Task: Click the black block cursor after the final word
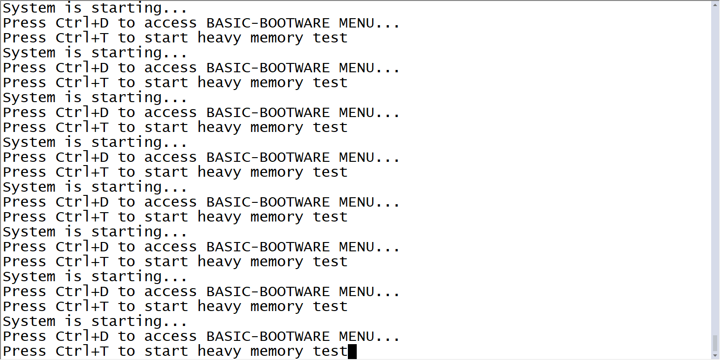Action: tap(352, 351)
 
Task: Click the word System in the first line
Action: tap(29, 8)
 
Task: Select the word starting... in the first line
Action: tap(139, 8)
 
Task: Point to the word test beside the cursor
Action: tap(330, 351)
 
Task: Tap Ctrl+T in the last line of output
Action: tap(82, 351)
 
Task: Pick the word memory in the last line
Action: tap(277, 351)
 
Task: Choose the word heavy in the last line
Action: tap(219, 351)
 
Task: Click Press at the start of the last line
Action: tap(24, 351)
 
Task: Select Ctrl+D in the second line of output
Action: tap(82, 23)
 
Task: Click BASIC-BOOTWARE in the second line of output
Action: tap(268, 23)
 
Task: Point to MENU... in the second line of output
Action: tap(369, 23)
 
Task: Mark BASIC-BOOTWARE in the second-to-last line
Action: tap(268, 336)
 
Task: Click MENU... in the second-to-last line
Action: tap(369, 336)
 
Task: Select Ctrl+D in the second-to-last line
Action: tap(82, 336)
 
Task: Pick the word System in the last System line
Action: tap(29, 321)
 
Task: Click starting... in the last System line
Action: tap(139, 321)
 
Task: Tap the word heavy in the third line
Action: tap(219, 38)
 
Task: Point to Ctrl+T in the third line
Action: tap(82, 38)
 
